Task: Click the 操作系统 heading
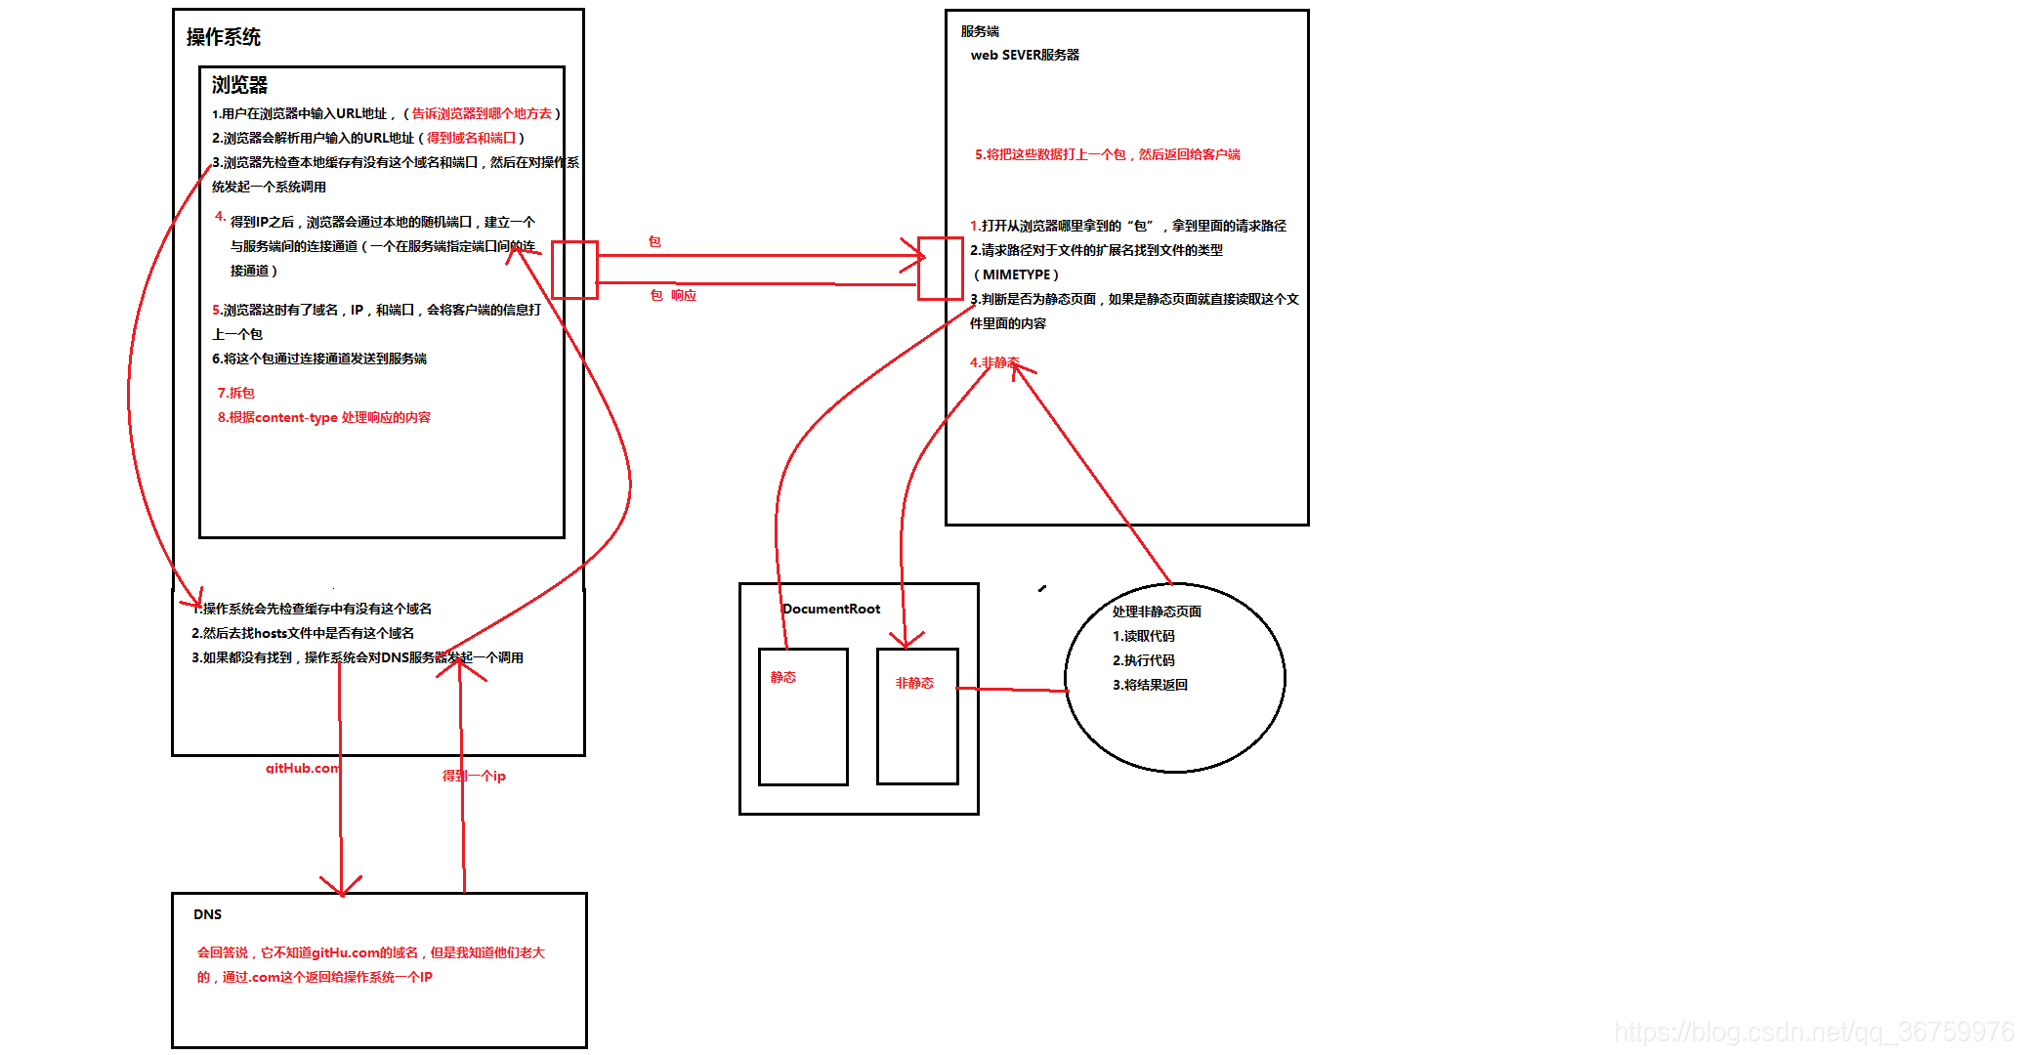223,37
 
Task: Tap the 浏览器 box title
239,85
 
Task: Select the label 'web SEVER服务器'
1025,55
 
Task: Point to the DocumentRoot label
831,609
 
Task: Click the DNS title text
207,914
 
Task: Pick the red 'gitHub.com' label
303,768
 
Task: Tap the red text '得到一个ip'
474,776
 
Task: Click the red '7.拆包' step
235,393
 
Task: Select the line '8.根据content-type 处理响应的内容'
323,417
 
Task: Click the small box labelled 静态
803,716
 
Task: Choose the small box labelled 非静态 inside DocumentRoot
917,716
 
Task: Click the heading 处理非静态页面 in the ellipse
1157,612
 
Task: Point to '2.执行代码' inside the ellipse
1144,660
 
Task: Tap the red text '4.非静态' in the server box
994,362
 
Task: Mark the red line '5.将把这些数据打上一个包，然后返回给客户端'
1107,154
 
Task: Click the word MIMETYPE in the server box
1016,274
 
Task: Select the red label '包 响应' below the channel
673,295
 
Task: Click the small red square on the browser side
574,270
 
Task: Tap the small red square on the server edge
941,268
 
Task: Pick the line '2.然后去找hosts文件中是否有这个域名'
303,633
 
